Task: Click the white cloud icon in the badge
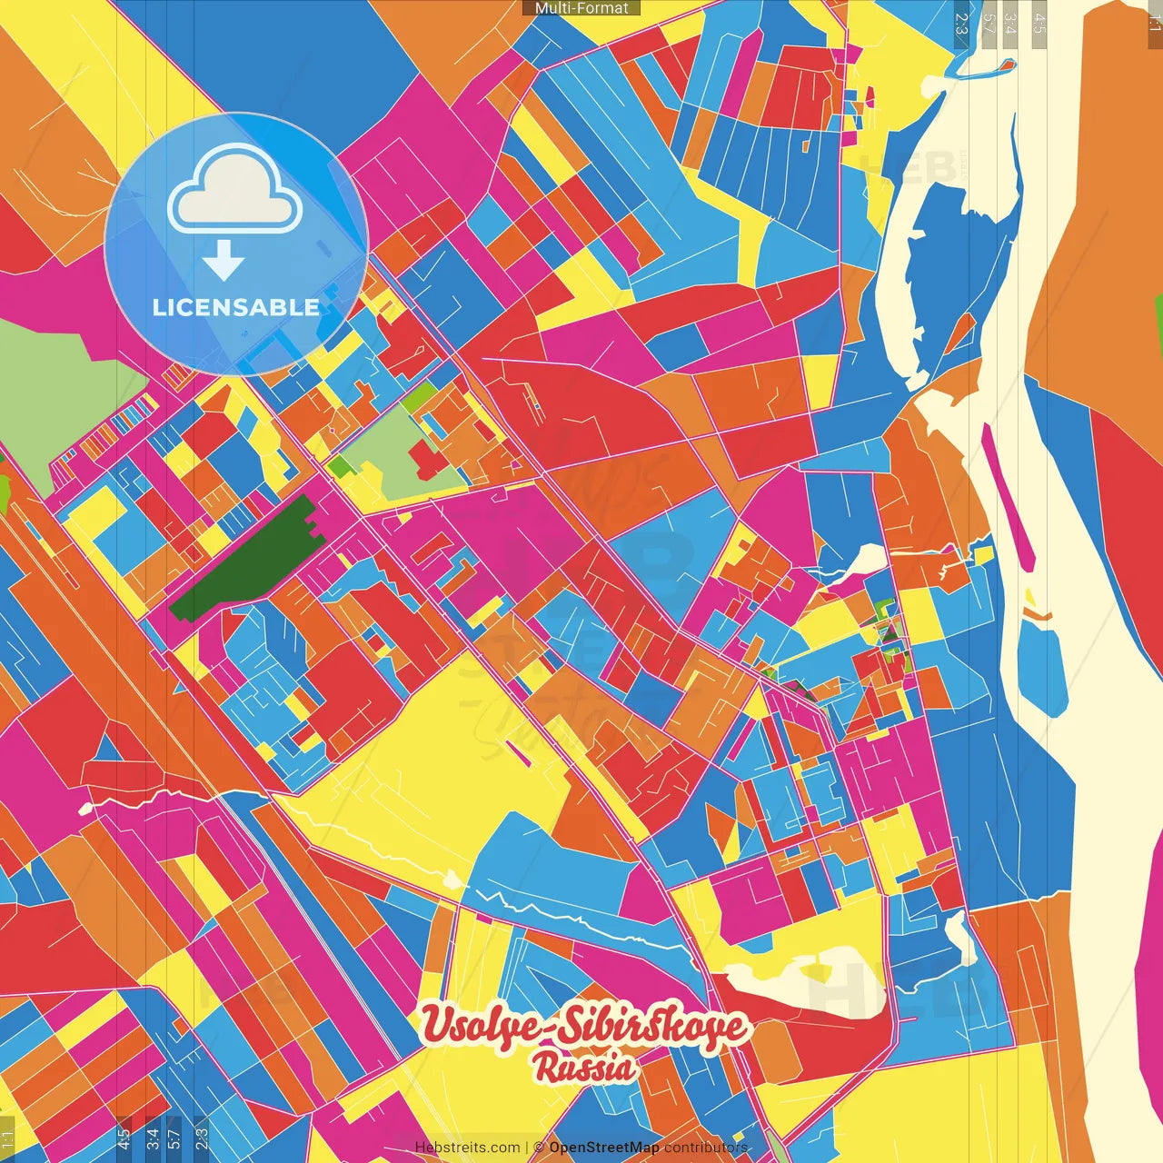coord(234,191)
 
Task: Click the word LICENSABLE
coord(235,307)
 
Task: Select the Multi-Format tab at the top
coord(581,8)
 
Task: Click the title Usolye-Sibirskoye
coord(585,1027)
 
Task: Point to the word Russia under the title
coord(585,1068)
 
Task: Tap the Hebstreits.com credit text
coord(467,1148)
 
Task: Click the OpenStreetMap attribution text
coord(604,1148)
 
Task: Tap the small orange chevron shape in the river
coord(1037,615)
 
